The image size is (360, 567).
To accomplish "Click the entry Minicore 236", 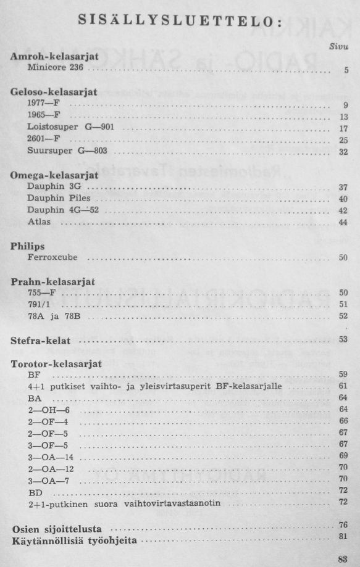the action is click(x=55, y=67).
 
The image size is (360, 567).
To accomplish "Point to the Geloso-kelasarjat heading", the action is click(x=54, y=92).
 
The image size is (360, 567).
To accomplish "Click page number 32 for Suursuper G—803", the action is click(x=344, y=152).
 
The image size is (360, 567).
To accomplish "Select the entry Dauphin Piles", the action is click(x=59, y=198).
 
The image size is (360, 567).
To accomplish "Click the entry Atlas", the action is click(x=39, y=221).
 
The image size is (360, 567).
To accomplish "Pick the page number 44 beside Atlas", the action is click(x=344, y=222).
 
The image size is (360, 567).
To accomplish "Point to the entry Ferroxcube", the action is click(x=52, y=257).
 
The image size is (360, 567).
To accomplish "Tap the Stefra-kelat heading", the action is click(x=41, y=340).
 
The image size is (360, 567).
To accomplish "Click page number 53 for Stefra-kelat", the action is click(x=344, y=339).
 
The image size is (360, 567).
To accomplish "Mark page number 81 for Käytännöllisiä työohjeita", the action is click(x=344, y=537).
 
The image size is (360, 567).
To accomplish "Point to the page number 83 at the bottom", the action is click(x=343, y=559).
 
